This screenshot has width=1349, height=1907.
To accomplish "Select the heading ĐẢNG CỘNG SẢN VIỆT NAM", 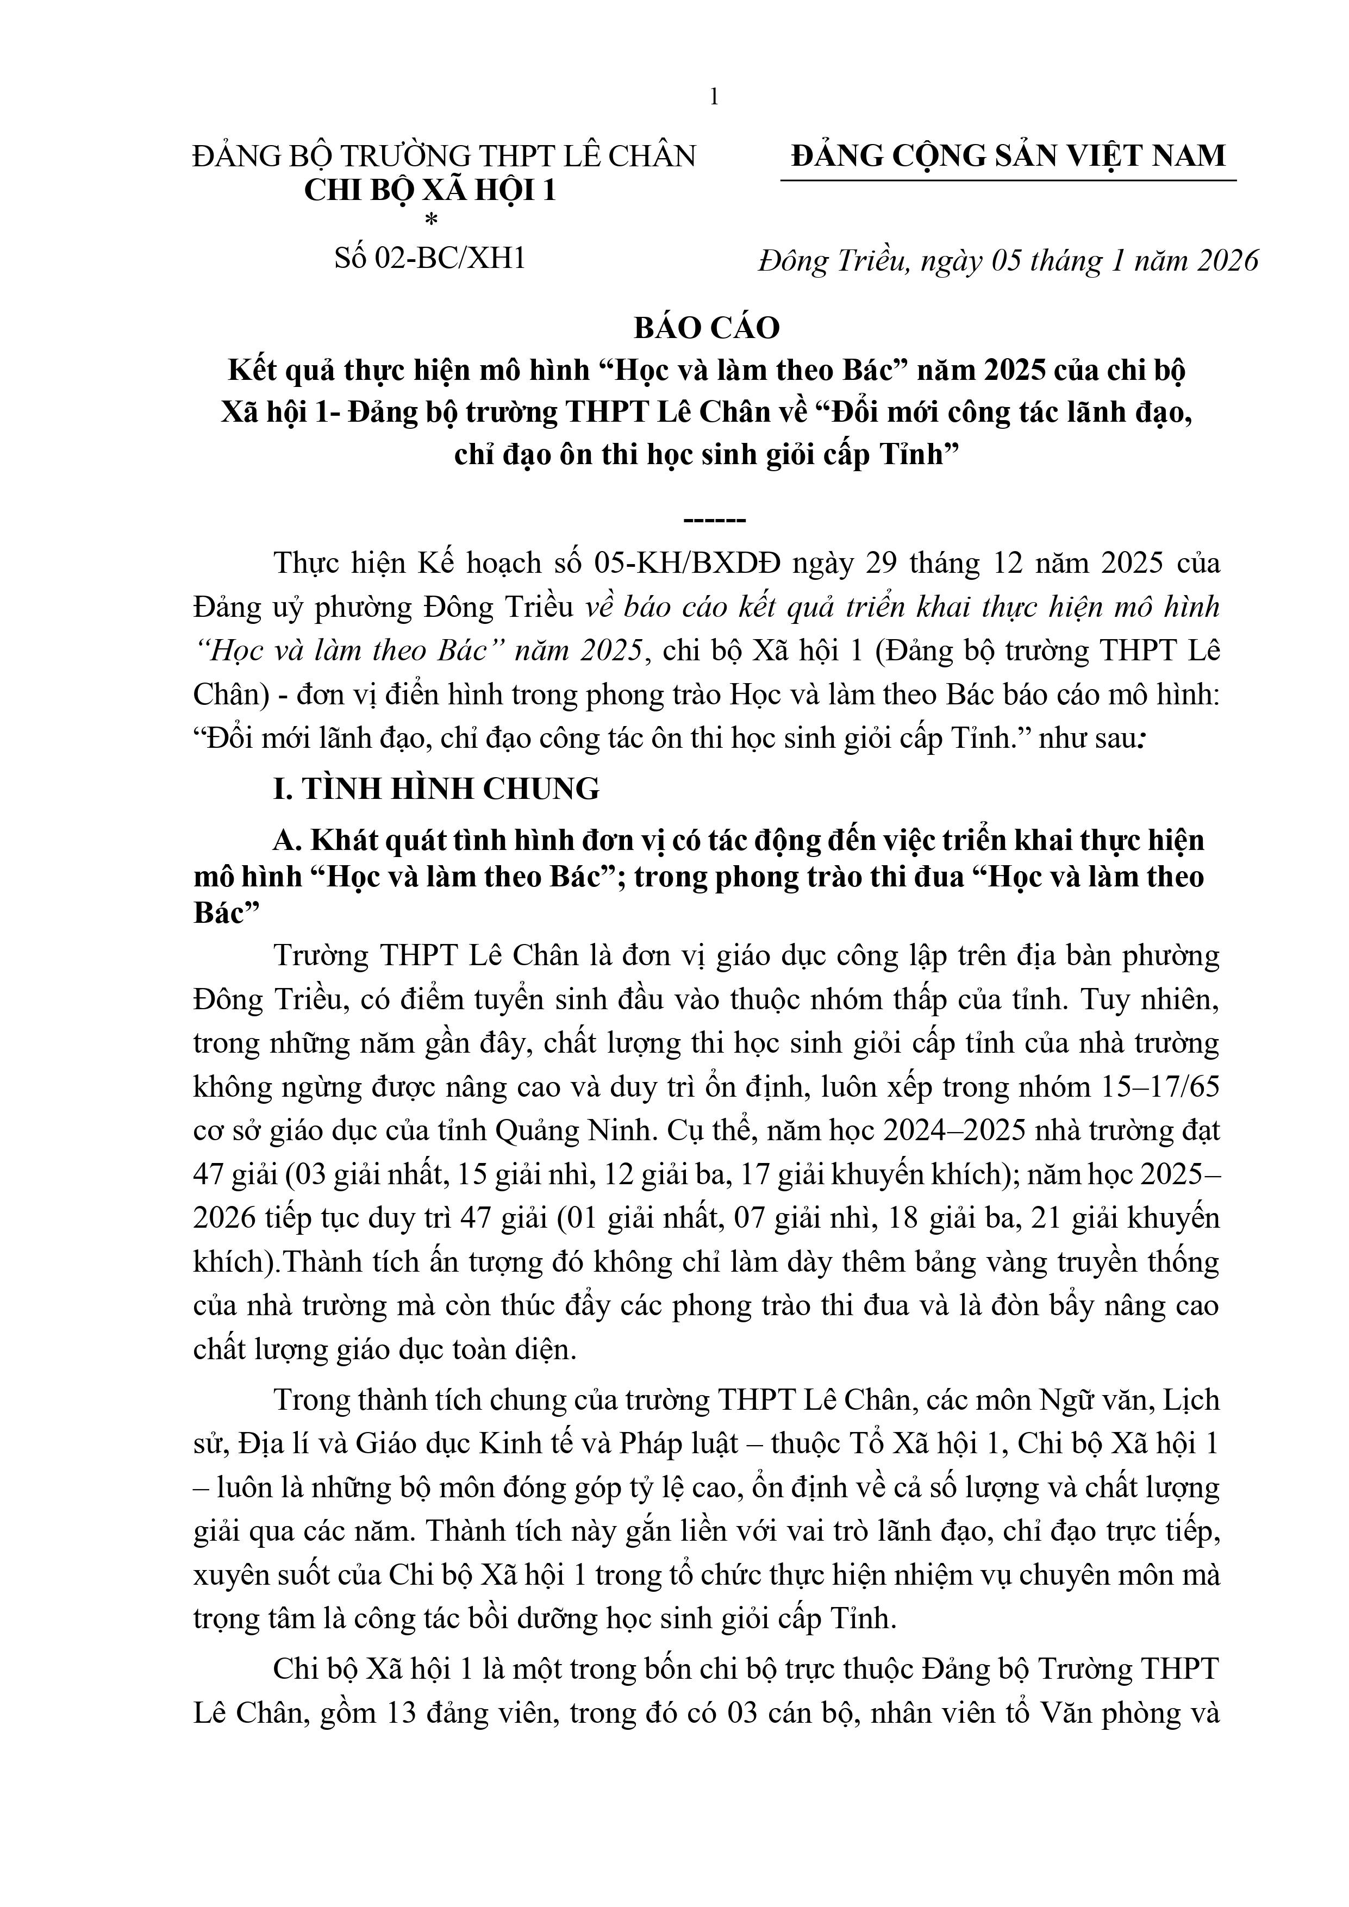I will pos(1008,155).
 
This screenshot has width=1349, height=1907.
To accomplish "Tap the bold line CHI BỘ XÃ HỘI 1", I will pos(429,191).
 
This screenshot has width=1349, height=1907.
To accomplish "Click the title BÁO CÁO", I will pos(707,328).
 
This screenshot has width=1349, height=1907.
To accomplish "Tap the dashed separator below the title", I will pos(714,521).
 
